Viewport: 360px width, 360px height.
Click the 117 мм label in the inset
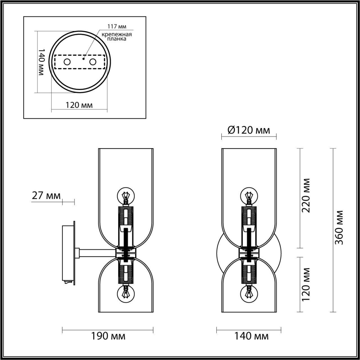(117, 26)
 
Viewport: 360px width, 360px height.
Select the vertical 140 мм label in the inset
(41, 62)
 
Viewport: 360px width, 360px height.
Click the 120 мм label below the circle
(79, 105)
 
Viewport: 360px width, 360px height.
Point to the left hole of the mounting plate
(67, 62)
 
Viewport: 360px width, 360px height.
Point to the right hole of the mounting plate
(93, 62)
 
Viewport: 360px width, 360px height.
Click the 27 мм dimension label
(46, 195)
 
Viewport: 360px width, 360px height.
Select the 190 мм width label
(108, 336)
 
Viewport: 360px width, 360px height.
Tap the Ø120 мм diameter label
(249, 130)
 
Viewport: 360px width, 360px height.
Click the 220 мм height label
(306, 195)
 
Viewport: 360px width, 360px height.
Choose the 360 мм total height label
(339, 227)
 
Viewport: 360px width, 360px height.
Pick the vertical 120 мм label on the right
(306, 284)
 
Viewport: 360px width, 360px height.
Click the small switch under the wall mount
(68, 281)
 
